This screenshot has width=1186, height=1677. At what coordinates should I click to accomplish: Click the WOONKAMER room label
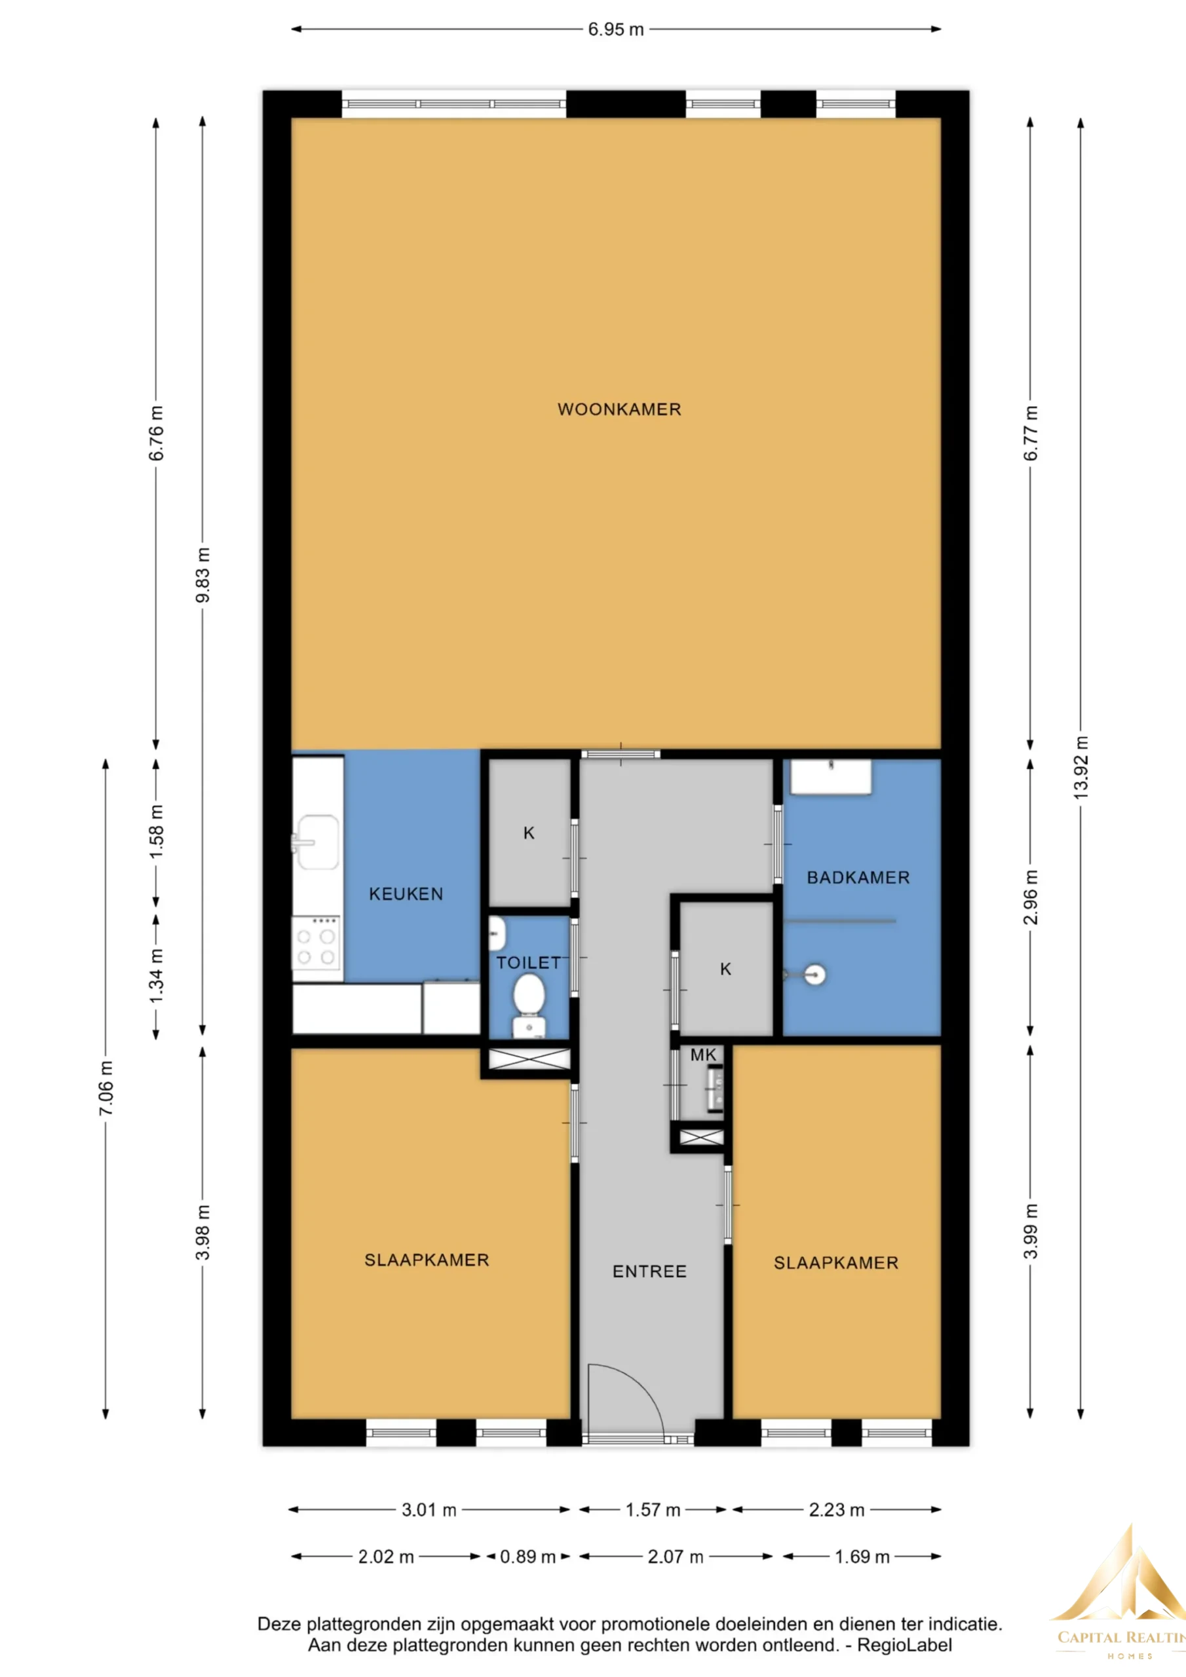(x=619, y=410)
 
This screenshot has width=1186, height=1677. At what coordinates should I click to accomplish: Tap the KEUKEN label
(x=406, y=894)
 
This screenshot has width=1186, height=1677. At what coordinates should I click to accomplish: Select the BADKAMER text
(x=858, y=878)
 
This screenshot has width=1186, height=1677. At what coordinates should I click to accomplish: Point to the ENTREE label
(x=649, y=1272)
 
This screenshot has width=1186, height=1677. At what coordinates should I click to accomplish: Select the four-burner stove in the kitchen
(x=316, y=948)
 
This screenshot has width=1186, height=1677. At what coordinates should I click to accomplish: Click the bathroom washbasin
(x=832, y=777)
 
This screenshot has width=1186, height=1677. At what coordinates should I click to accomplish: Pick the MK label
(x=703, y=1055)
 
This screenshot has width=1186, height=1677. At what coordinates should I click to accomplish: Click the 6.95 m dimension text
(x=616, y=30)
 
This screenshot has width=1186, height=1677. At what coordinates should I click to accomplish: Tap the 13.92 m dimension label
(x=1081, y=767)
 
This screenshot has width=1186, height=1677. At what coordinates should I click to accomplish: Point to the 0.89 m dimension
(x=527, y=1557)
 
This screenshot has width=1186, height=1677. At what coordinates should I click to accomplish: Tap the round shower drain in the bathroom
(x=814, y=974)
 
